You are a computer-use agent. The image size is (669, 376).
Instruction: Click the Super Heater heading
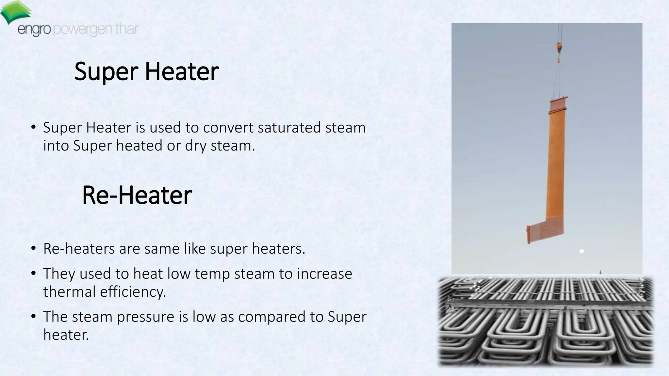click(x=146, y=71)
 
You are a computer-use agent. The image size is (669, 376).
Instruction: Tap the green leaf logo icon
click(x=15, y=12)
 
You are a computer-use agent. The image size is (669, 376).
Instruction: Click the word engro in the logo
click(x=34, y=30)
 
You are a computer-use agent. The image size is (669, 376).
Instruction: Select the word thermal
click(x=69, y=292)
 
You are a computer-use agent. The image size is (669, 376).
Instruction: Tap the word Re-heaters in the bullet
click(x=79, y=249)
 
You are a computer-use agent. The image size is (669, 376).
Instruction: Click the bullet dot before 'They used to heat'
click(x=33, y=273)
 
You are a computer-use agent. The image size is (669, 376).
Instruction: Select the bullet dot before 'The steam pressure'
click(x=33, y=316)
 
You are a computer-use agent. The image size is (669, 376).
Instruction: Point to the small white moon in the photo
click(x=581, y=251)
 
